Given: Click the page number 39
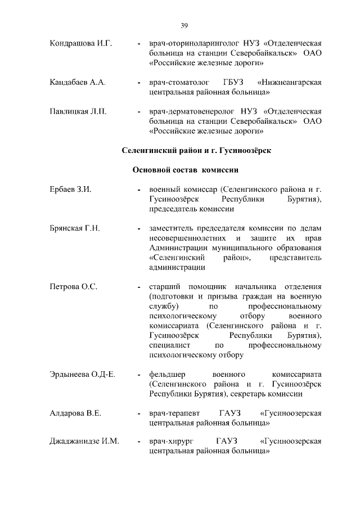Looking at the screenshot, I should coord(184,25).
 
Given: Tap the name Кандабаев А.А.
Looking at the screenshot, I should coord(77,83).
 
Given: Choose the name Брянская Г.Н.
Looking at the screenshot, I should coord(75,228).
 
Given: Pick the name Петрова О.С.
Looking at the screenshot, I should coord(74,287).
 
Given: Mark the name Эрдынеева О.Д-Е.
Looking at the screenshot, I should coord(82,374).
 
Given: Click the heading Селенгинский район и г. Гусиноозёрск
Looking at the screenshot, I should coord(196,150).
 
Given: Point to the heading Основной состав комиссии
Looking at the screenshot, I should coord(186,170).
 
